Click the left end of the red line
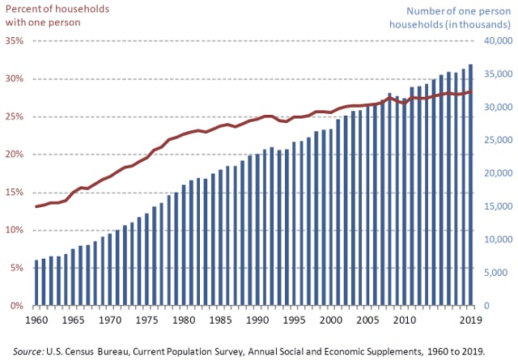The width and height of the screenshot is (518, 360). click(36, 206)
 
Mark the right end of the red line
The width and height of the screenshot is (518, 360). click(471, 92)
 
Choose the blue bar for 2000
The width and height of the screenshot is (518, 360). click(330, 218)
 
